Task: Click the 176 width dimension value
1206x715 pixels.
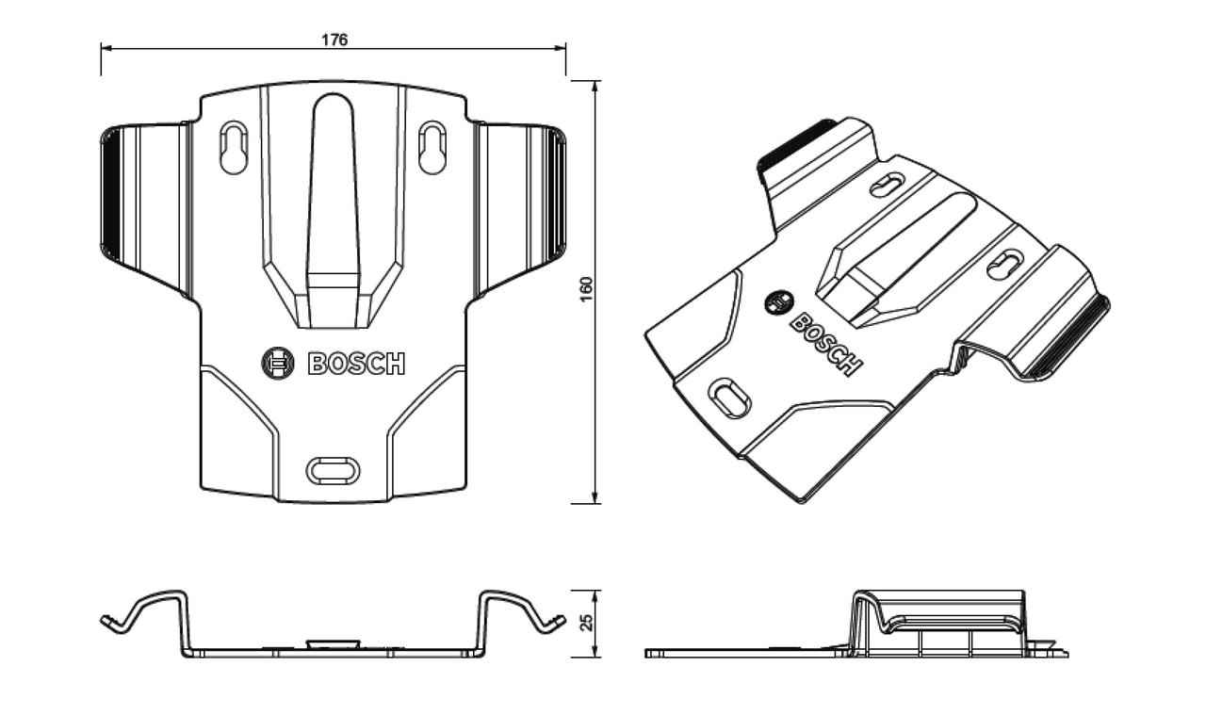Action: [x=334, y=40]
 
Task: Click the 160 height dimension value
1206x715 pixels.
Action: [x=586, y=291]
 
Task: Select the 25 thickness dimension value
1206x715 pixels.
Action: [x=587, y=623]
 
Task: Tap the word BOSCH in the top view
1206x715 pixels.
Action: [x=357, y=364]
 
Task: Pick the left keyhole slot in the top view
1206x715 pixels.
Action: [x=233, y=148]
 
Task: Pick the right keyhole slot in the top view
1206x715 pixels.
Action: [x=432, y=148]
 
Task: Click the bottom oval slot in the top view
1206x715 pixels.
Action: [x=334, y=468]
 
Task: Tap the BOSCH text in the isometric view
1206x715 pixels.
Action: [x=824, y=344]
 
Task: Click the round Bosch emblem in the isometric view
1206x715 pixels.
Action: [x=778, y=301]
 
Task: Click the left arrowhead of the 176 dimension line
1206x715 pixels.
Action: [x=105, y=46]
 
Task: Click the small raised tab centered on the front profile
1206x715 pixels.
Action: [x=334, y=644]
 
